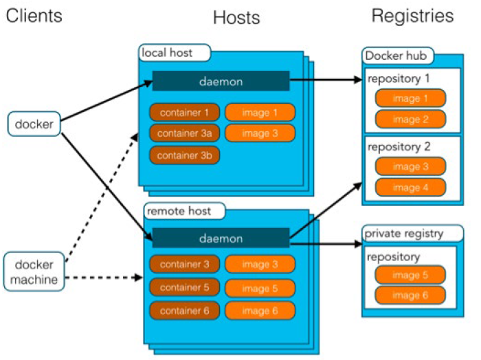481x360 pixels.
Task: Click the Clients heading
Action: [34, 16]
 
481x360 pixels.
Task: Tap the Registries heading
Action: [412, 16]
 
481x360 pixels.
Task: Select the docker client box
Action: [34, 124]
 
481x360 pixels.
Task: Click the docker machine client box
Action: [34, 271]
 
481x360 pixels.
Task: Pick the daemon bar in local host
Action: [221, 81]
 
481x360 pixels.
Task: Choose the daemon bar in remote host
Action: [221, 238]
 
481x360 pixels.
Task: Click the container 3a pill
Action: [185, 133]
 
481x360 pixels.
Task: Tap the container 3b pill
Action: [185, 155]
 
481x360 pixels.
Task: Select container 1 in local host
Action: [185, 113]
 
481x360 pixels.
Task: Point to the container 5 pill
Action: [185, 287]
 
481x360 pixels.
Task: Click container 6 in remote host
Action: [185, 311]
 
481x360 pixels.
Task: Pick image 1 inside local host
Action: [260, 113]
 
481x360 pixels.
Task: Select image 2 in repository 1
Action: [410, 120]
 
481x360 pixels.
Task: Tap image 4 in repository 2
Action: [410, 188]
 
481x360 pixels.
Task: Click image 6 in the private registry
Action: [410, 295]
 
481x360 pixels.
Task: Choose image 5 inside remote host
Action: [260, 289]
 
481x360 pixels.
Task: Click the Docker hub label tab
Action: [398, 56]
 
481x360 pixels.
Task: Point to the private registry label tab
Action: [412, 234]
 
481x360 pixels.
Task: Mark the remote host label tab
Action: [184, 211]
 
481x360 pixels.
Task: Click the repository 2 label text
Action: [399, 147]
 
